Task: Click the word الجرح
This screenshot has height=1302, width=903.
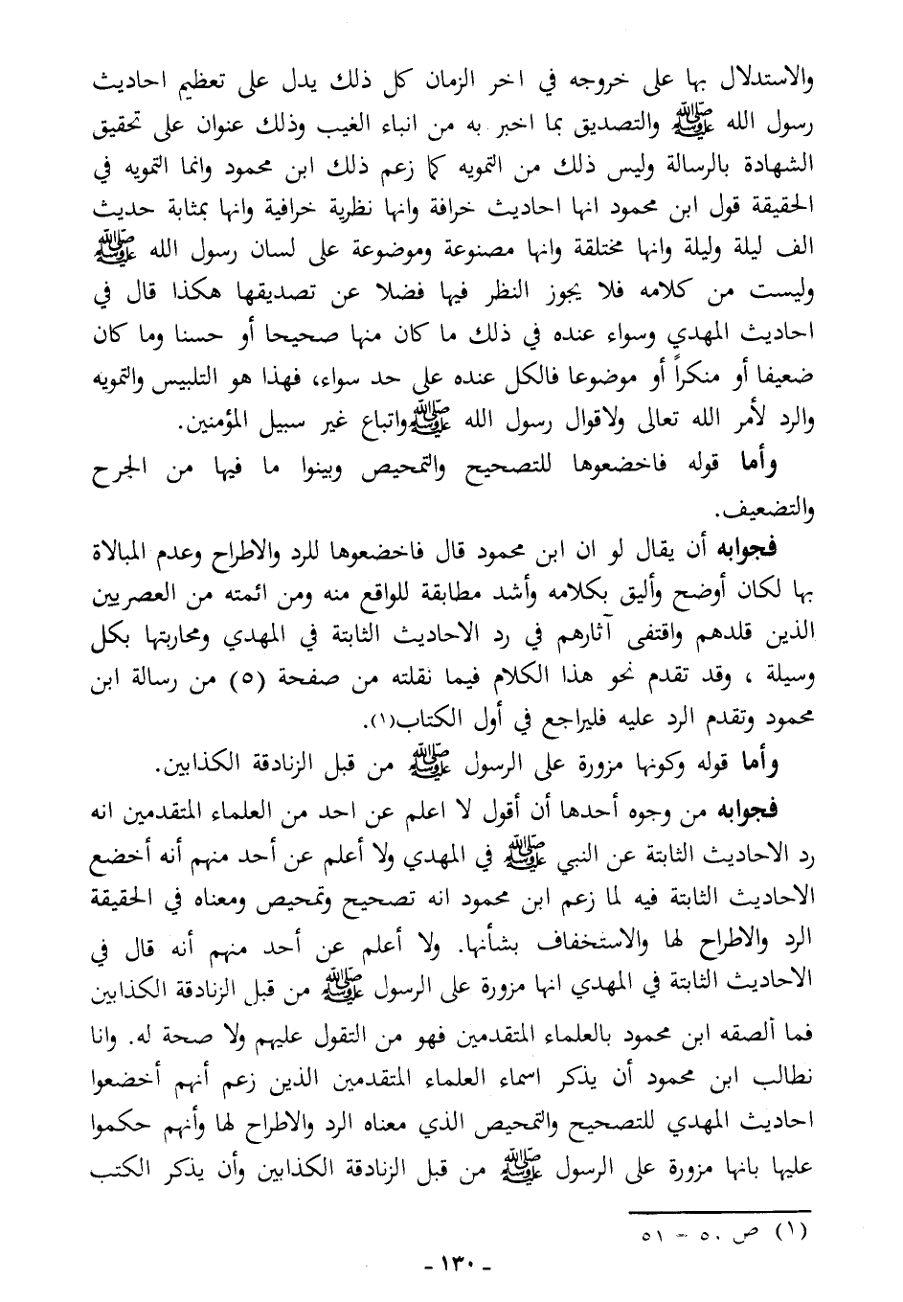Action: [x=120, y=466]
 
